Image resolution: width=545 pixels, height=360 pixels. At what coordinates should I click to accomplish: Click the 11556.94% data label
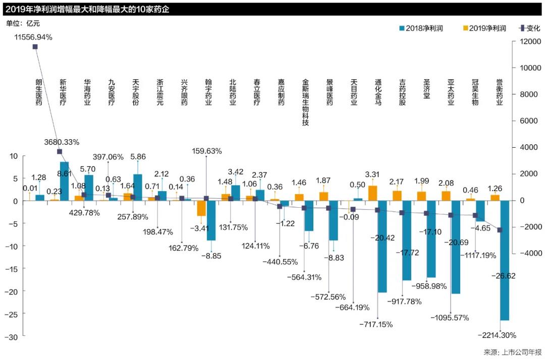coord(33,37)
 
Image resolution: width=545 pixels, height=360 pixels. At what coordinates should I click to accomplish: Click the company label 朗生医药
coord(39,92)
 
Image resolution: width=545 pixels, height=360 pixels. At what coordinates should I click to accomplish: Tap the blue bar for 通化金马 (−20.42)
coord(382,246)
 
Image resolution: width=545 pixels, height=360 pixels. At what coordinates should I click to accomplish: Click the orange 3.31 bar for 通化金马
coord(373,193)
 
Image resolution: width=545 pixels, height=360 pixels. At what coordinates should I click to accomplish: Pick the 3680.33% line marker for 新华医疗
coord(60,152)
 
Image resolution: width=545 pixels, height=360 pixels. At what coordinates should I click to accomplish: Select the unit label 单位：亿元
coord(23,23)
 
